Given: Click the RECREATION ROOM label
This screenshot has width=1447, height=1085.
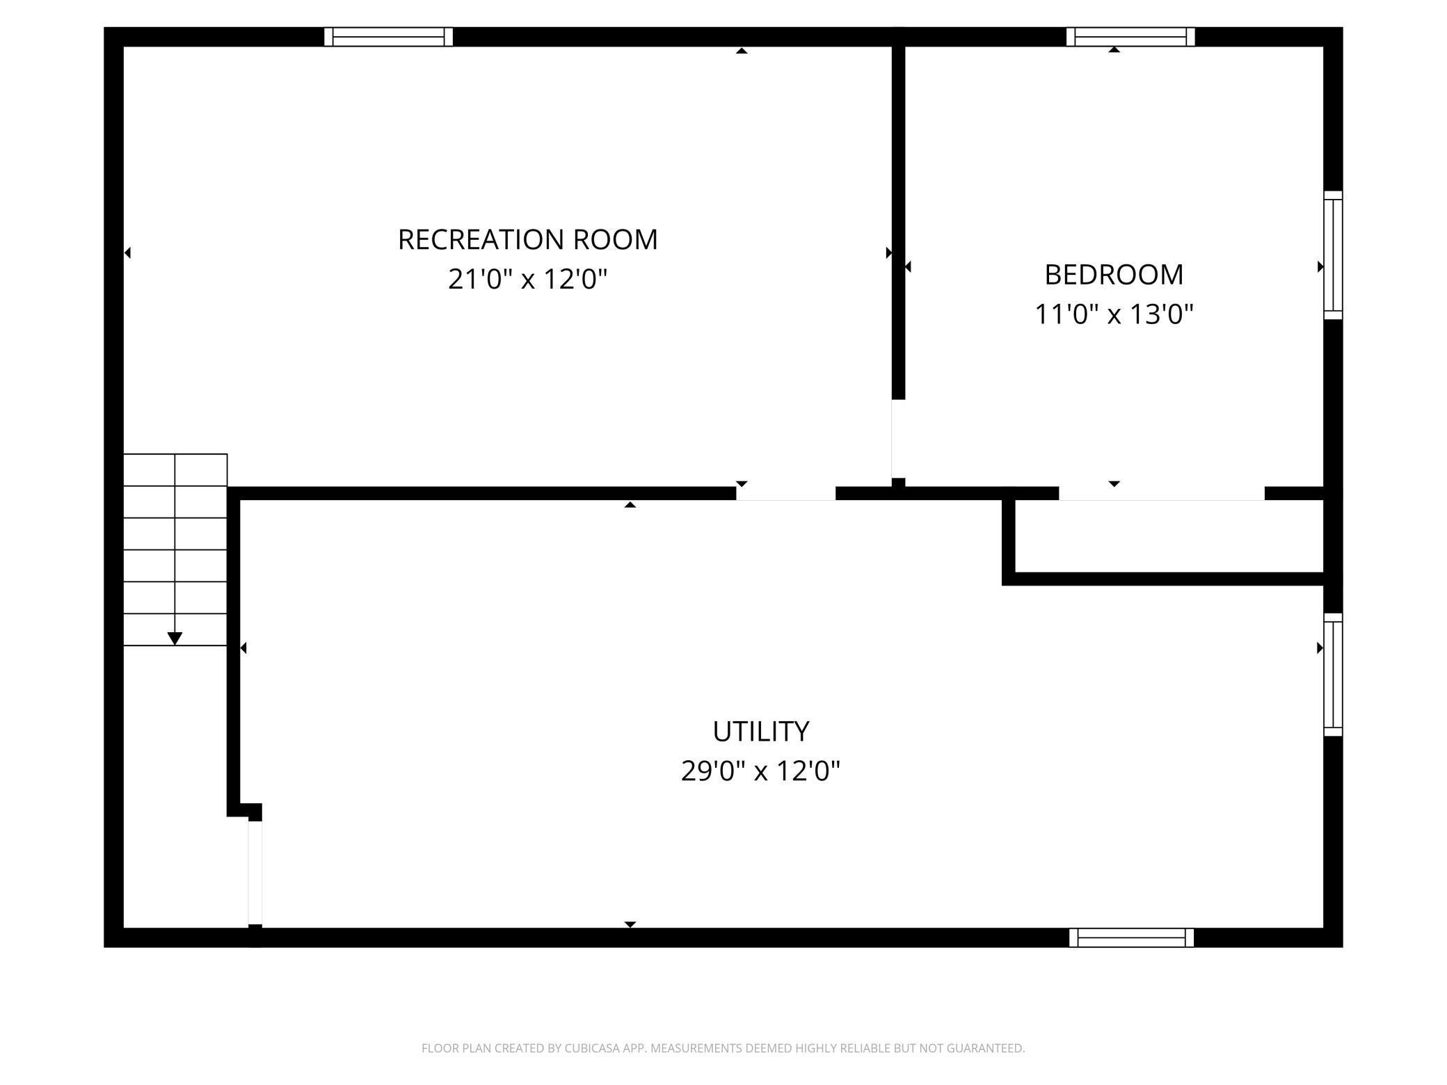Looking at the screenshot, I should pyautogui.click(x=527, y=240).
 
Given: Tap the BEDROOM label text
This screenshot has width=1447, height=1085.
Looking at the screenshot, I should pyautogui.click(x=1114, y=275).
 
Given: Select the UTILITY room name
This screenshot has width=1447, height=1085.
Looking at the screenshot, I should pyautogui.click(x=760, y=732).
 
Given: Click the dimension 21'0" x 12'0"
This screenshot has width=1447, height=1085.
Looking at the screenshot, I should pyautogui.click(x=527, y=280).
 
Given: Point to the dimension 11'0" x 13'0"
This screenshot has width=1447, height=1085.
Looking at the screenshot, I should pyautogui.click(x=1114, y=314).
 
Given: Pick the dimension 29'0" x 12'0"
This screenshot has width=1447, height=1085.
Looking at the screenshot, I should pyautogui.click(x=760, y=771).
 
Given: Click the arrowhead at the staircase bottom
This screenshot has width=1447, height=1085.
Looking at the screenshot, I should pyautogui.click(x=175, y=638).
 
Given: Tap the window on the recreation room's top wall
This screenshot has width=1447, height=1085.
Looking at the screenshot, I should pyautogui.click(x=388, y=37).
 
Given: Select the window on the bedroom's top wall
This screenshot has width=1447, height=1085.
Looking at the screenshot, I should pyautogui.click(x=1130, y=37).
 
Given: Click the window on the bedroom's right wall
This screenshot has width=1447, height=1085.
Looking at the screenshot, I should pyautogui.click(x=1332, y=255).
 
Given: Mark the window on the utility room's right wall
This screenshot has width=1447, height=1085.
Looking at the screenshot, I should pyautogui.click(x=1332, y=675).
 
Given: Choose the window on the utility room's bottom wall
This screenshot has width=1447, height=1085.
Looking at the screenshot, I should pyautogui.click(x=1131, y=938).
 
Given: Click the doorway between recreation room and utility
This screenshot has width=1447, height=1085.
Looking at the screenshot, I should pyautogui.click(x=785, y=493).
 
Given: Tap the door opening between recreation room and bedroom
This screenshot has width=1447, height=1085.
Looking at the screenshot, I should pyautogui.click(x=898, y=438).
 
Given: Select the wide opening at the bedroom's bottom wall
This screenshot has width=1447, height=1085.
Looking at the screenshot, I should pyautogui.click(x=1161, y=493).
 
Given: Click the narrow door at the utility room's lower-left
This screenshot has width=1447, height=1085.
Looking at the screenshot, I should pyautogui.click(x=255, y=873).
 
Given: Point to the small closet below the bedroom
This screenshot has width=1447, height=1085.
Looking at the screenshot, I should pyautogui.click(x=1169, y=536).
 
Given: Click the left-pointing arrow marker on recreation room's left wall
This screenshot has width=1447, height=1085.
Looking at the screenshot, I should pyautogui.click(x=127, y=252).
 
